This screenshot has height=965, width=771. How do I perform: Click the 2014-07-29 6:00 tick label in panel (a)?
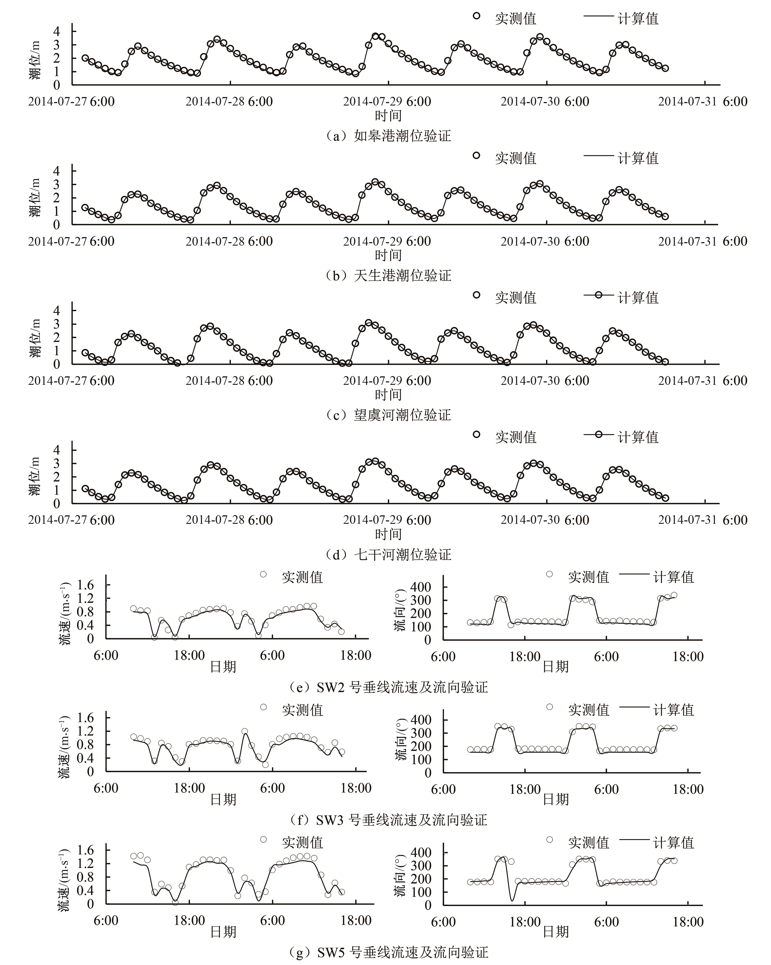click(387, 102)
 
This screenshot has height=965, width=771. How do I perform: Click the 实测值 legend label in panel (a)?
click(515, 18)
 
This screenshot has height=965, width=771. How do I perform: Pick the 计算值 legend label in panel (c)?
click(638, 298)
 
